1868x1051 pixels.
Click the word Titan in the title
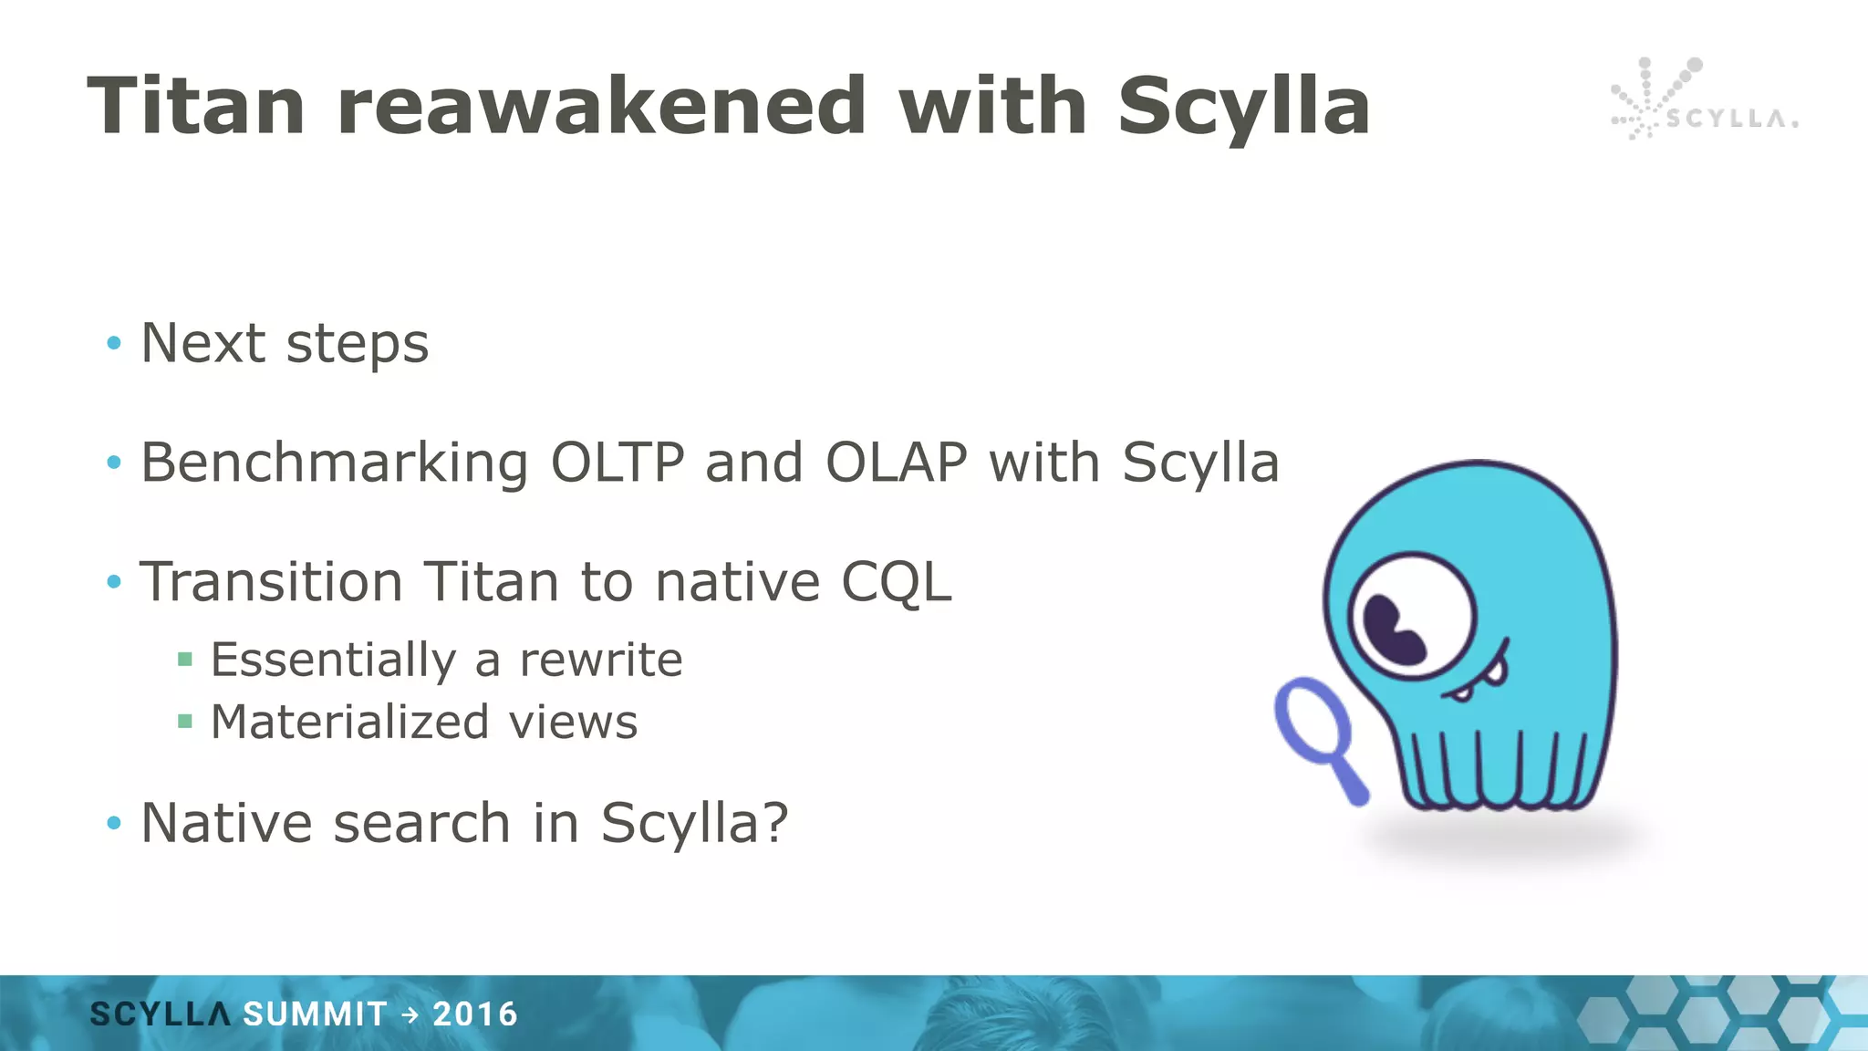(x=195, y=107)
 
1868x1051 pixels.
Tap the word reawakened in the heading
(x=601, y=107)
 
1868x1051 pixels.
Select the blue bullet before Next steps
(x=114, y=343)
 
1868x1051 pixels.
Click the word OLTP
(x=617, y=463)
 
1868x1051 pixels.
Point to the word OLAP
(x=896, y=463)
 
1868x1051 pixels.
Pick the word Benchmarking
(x=334, y=463)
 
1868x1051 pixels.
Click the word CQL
(x=896, y=583)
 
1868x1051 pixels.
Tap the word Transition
(x=271, y=582)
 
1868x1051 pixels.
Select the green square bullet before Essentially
(x=185, y=660)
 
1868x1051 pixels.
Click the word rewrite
(x=600, y=660)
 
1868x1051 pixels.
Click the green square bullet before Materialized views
(x=185, y=722)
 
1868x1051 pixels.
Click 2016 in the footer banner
(x=475, y=1015)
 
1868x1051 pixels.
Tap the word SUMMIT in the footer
(x=315, y=1015)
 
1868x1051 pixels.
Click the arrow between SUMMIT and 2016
(x=410, y=1015)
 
